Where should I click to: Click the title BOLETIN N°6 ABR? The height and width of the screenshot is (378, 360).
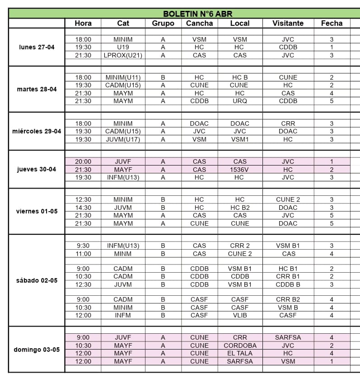[198, 14]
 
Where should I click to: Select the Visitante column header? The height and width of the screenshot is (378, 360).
[288, 24]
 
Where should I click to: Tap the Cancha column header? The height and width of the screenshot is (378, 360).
[199, 24]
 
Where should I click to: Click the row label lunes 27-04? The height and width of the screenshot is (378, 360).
[37, 47]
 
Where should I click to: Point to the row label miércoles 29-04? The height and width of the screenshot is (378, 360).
[37, 131]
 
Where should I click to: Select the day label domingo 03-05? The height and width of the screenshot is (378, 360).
[37, 350]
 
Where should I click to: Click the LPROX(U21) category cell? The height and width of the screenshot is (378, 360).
[123, 55]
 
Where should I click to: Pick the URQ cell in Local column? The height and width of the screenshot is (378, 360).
[239, 101]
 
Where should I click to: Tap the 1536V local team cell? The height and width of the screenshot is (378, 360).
[239, 170]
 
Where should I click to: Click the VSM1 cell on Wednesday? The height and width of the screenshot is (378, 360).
[239, 139]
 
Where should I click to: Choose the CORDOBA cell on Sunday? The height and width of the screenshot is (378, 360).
[239, 345]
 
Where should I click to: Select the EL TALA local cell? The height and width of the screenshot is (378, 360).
[239, 353]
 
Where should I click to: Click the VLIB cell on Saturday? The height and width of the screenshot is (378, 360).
[239, 315]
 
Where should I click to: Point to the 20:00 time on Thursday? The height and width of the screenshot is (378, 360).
[83, 161]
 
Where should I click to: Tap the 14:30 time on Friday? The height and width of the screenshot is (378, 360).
[83, 208]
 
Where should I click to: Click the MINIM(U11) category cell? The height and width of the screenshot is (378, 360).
[123, 77]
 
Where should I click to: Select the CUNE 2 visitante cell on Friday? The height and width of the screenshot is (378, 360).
[288, 199]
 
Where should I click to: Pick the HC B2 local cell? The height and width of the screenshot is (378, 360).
[239, 208]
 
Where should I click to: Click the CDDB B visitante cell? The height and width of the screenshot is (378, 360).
[288, 284]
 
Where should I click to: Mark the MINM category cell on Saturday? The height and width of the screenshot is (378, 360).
[123, 254]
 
